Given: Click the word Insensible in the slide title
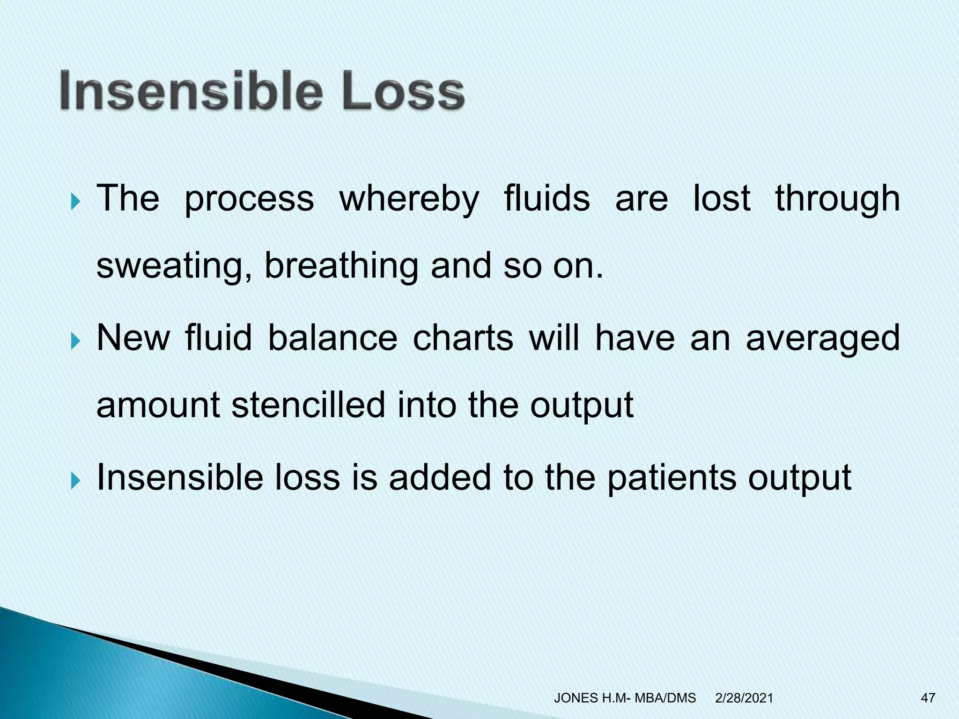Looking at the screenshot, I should [191, 90].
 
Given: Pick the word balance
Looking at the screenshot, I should [332, 338].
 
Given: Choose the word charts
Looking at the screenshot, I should [463, 338].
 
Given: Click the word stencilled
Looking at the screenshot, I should [308, 405].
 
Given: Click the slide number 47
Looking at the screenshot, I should [928, 698].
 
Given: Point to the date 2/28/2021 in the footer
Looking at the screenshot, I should [744, 698].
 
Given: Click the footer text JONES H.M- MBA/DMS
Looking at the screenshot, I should [625, 698].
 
